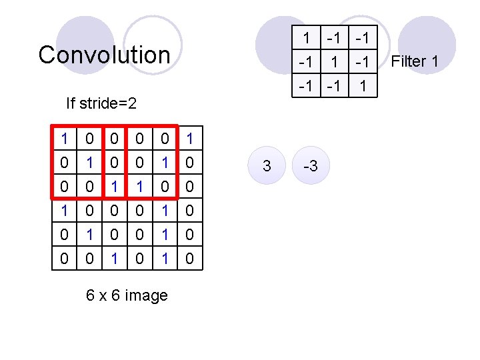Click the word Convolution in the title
[x=104, y=55]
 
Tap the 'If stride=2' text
[x=101, y=103]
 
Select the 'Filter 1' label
[x=415, y=62]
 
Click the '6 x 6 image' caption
[x=127, y=295]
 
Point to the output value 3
[x=267, y=166]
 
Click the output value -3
[x=311, y=166]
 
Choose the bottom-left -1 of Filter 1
[x=306, y=86]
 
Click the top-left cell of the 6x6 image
[x=64, y=139]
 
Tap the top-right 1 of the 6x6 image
[x=190, y=139]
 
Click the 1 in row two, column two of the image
[x=89, y=163]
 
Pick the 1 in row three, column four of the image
[x=139, y=187]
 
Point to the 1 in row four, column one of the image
[x=64, y=211]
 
